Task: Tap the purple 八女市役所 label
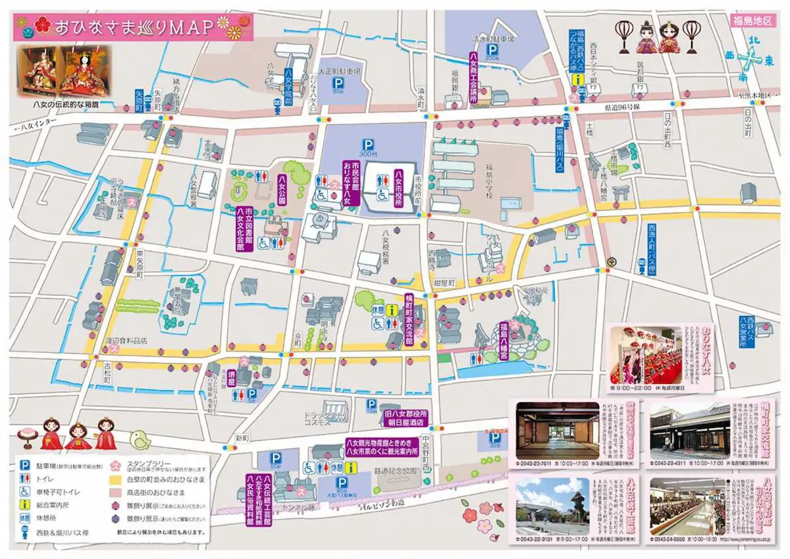click(398, 188)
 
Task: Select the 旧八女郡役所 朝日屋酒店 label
click(406, 417)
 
